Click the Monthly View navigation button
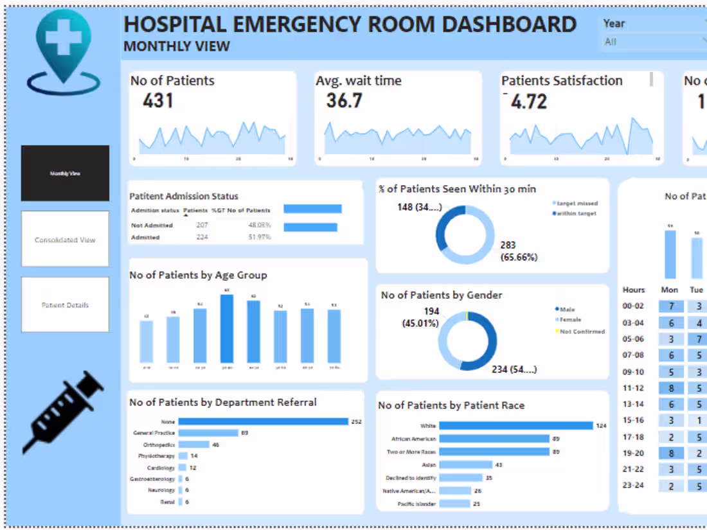click(65, 173)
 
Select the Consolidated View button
click(65, 239)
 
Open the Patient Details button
click(65, 305)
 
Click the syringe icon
click(64, 412)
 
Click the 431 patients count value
click(158, 101)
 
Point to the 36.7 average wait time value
click(344, 101)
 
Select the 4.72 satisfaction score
click(528, 102)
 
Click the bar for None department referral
click(263, 421)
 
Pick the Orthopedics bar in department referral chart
click(194, 445)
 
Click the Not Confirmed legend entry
click(581, 331)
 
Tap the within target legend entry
click(575, 213)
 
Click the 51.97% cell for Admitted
click(260, 237)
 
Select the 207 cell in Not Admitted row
click(202, 225)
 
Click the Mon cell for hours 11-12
click(670, 387)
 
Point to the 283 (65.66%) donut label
click(519, 251)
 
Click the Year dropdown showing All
click(652, 42)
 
